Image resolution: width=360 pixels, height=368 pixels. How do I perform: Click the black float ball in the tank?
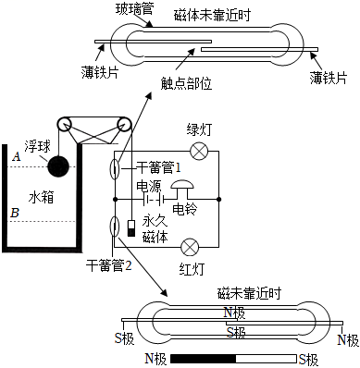click(x=58, y=166)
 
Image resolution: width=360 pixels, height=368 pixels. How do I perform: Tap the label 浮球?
click(x=37, y=146)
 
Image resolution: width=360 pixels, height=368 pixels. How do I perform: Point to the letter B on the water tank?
click(x=15, y=212)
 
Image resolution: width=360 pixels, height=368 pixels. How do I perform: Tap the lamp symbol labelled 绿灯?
click(x=196, y=152)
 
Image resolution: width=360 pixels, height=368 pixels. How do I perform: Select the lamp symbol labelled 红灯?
click(x=191, y=247)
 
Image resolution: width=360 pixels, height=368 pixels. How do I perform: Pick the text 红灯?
click(x=191, y=269)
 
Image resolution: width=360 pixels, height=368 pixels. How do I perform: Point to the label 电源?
click(x=149, y=186)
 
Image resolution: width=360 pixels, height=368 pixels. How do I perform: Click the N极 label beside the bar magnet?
click(x=156, y=358)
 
